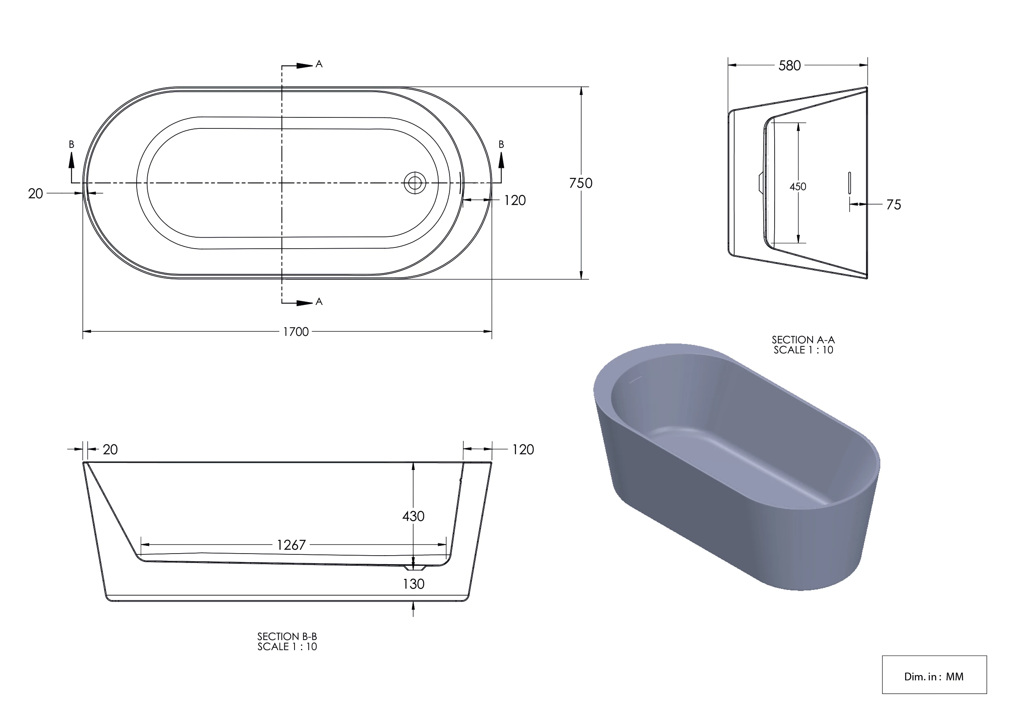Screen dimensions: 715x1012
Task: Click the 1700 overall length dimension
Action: (x=295, y=332)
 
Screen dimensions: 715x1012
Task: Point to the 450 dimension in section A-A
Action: (x=797, y=187)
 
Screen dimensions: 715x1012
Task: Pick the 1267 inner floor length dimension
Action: (x=291, y=545)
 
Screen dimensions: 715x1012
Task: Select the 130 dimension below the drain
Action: (x=414, y=584)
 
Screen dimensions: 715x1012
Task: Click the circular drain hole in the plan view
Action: (x=415, y=182)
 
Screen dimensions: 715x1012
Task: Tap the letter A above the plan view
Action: (x=319, y=64)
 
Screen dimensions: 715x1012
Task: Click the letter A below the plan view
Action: (x=319, y=302)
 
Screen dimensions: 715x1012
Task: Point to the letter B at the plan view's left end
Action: (x=71, y=144)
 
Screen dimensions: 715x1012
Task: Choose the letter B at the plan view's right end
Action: (x=501, y=144)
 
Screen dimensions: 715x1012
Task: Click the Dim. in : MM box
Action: (x=934, y=676)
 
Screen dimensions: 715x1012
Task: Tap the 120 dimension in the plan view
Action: (x=514, y=201)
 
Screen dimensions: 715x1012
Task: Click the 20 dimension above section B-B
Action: (x=110, y=449)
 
